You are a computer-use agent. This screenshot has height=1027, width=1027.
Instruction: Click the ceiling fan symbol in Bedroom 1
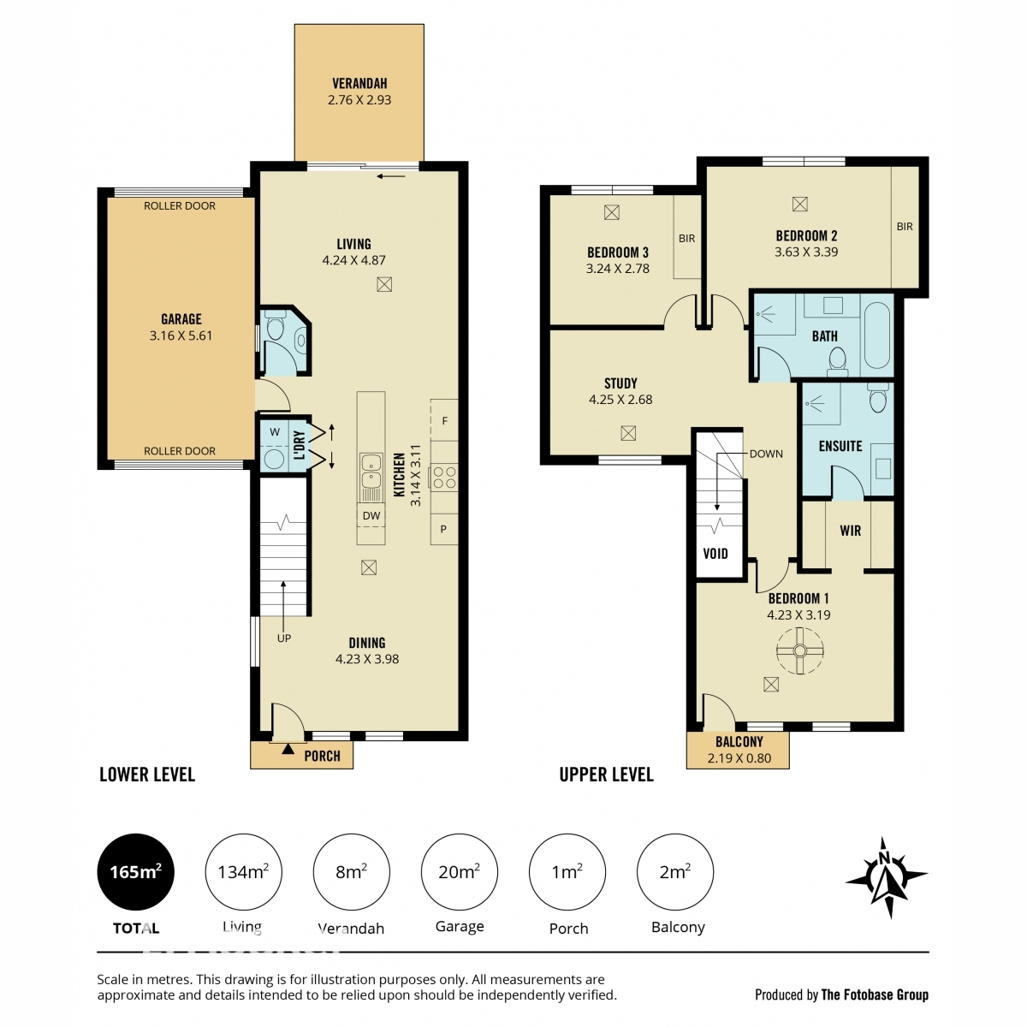click(x=799, y=650)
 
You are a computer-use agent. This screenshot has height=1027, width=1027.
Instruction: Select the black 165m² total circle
click(x=135, y=872)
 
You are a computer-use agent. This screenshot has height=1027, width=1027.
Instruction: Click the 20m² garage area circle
click(x=459, y=872)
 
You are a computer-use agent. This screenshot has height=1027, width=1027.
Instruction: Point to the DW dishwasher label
click(x=371, y=515)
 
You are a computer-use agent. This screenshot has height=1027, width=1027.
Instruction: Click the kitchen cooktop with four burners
click(x=444, y=478)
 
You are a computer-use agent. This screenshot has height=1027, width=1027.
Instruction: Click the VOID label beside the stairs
click(x=715, y=554)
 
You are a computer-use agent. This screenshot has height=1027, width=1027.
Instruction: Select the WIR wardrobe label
click(x=850, y=531)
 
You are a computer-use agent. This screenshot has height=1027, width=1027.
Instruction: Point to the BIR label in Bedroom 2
click(x=905, y=227)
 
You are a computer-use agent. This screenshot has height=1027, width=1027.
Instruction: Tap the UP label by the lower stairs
click(x=283, y=638)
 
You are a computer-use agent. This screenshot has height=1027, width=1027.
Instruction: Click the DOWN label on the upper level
click(x=766, y=454)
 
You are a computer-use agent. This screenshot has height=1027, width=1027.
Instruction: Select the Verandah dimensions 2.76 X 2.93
click(x=359, y=99)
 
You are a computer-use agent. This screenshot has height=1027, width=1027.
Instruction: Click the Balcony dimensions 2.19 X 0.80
click(x=739, y=758)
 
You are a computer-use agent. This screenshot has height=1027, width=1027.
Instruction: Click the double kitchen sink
click(x=371, y=471)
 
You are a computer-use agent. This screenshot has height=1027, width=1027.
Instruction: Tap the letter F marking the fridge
click(x=444, y=421)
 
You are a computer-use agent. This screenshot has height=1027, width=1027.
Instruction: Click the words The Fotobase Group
click(x=875, y=994)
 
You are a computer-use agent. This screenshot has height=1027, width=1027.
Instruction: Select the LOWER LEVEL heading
click(x=147, y=775)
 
